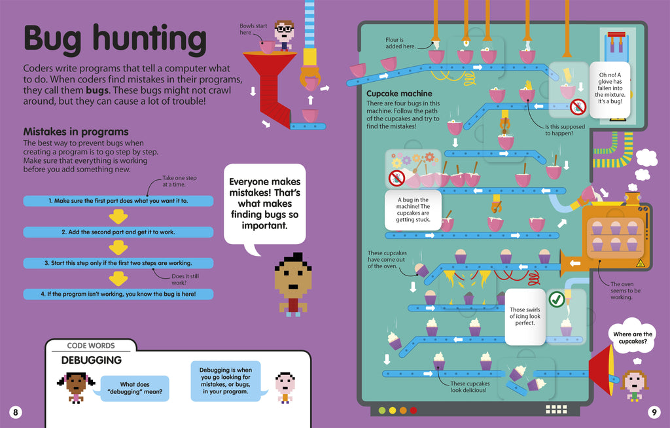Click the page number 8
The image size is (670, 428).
pos(16,412)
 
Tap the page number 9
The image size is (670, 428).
pos(653,412)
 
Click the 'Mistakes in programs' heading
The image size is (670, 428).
pos(76,132)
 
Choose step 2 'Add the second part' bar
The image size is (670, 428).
pos(118,232)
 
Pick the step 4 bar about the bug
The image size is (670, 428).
pos(118,294)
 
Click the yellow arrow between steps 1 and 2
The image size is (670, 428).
pos(118,216)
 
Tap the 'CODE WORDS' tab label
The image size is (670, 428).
pos(91,346)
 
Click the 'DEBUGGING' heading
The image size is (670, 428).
pos(92,360)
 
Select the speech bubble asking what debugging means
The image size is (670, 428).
pos(135,388)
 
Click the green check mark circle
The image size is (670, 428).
pos(556,300)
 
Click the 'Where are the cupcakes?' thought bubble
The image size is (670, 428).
pos(632,338)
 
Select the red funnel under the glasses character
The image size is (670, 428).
pos(268,82)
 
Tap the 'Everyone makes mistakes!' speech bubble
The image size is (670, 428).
pos(264,204)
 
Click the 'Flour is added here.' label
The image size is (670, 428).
pos(398,44)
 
